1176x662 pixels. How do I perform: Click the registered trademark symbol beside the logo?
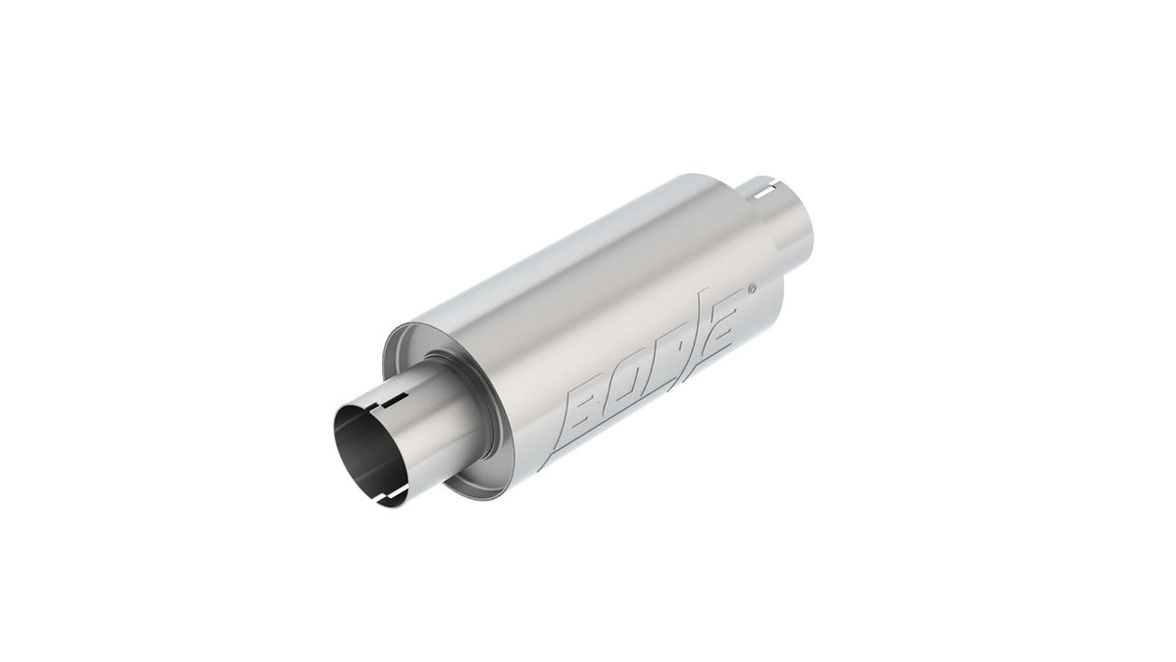[752, 287]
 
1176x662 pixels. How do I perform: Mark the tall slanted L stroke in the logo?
[698, 336]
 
